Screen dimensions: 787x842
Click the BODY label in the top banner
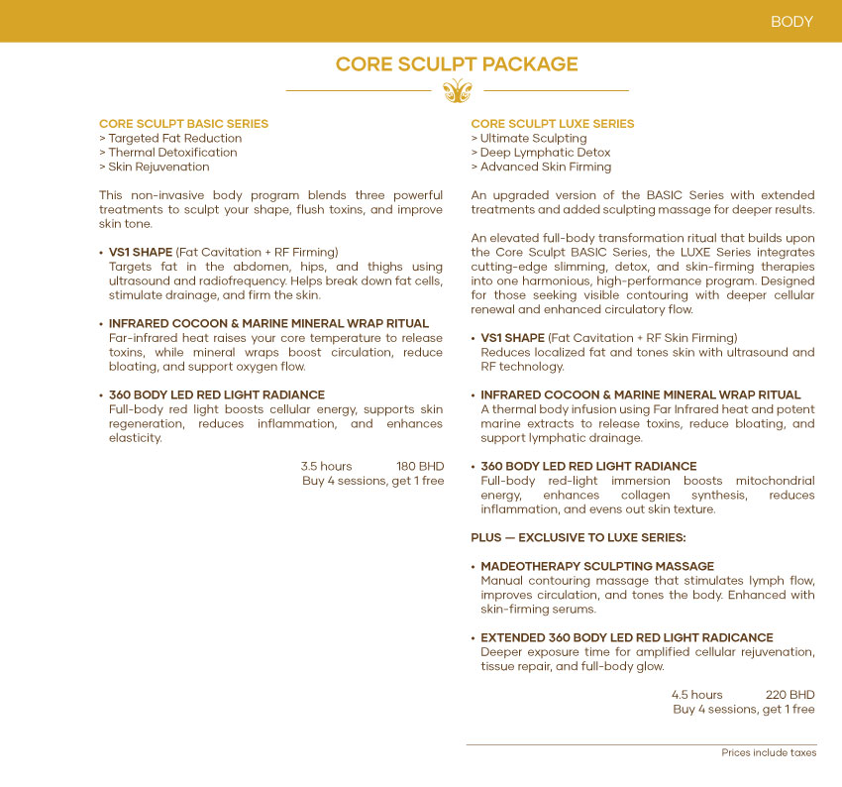click(x=791, y=22)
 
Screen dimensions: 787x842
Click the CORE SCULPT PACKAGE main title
click(x=457, y=64)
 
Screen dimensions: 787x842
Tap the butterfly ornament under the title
click(x=457, y=91)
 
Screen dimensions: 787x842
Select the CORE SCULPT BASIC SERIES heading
click(x=183, y=124)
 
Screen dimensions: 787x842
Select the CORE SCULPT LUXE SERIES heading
click(x=553, y=124)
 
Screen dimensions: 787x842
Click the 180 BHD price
click(x=420, y=466)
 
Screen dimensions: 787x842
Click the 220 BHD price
click(x=790, y=695)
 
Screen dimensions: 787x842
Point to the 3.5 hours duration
click(x=326, y=466)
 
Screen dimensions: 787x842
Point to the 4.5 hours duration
click(x=697, y=695)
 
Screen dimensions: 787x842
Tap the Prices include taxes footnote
click(x=769, y=753)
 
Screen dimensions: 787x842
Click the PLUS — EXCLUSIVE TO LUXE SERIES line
click(x=579, y=537)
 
